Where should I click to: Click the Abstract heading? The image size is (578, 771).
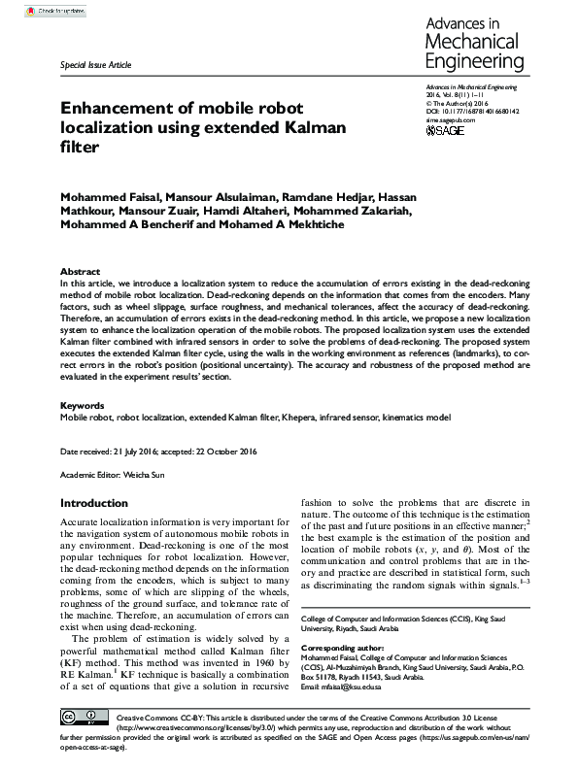coord(80,271)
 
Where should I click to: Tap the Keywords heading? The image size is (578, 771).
coord(83,405)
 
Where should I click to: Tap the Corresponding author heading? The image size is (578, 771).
coord(341,646)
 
